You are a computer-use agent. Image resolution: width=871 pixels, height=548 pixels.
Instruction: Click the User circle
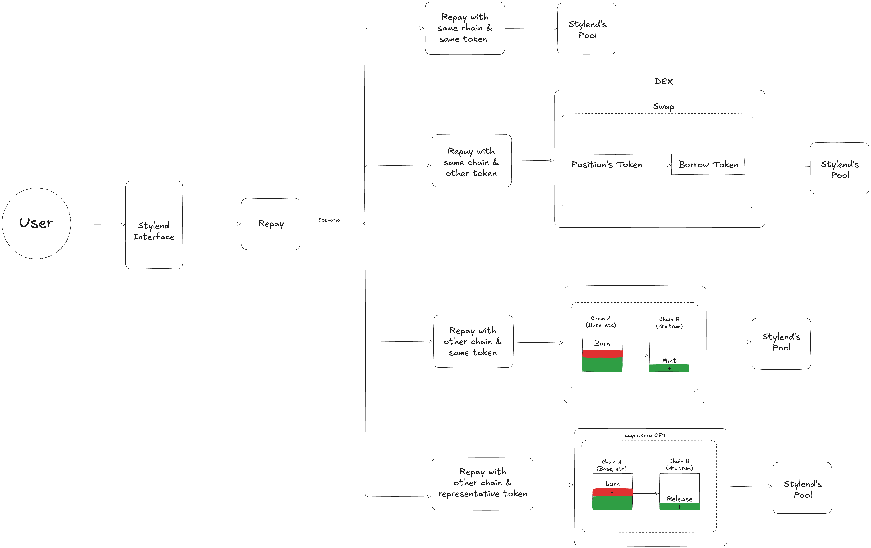point(36,223)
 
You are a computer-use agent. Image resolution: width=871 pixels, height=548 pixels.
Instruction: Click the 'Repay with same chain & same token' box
point(465,28)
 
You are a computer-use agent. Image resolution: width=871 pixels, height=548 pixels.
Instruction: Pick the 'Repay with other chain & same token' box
point(473,341)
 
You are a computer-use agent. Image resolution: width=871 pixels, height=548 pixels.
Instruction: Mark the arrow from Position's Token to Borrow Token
point(657,165)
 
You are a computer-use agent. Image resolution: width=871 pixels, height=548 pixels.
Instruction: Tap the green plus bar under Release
point(679,507)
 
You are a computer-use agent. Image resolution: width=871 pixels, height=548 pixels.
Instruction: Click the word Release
point(679,499)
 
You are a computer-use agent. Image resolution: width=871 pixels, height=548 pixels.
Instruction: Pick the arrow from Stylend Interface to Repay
point(212,224)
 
